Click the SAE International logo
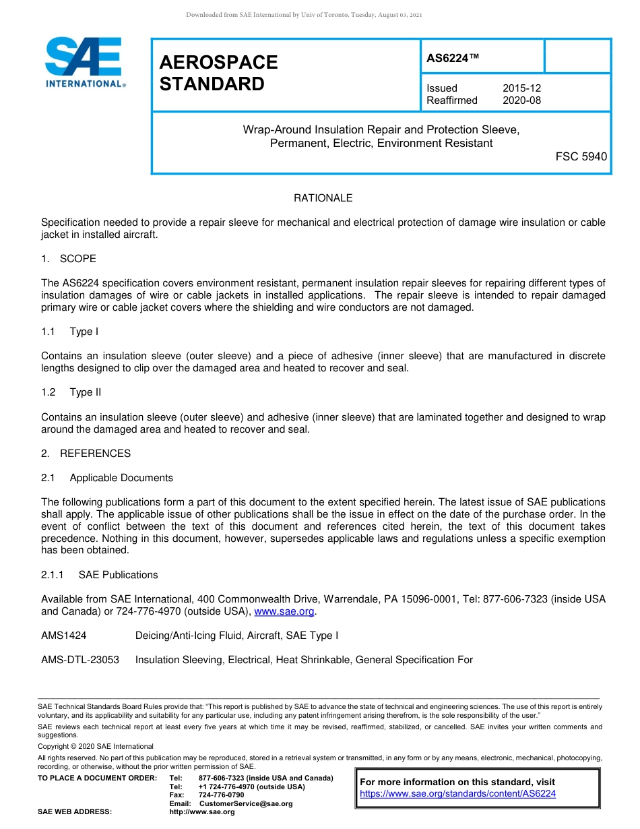[x=84, y=62]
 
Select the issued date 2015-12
[x=521, y=88]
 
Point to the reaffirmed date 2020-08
[x=521, y=100]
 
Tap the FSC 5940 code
[x=581, y=156]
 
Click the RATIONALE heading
[x=323, y=198]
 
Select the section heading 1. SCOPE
[x=69, y=259]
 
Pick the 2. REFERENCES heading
[x=86, y=454]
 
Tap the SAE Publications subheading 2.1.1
[x=100, y=575]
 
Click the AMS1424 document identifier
[x=64, y=636]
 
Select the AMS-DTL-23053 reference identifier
[x=80, y=660]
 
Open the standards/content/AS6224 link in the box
[x=458, y=794]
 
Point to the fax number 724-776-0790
[x=221, y=795]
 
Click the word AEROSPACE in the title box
[x=218, y=63]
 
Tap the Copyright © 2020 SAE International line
[x=96, y=746]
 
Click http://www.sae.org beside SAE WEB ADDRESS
[x=202, y=811]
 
